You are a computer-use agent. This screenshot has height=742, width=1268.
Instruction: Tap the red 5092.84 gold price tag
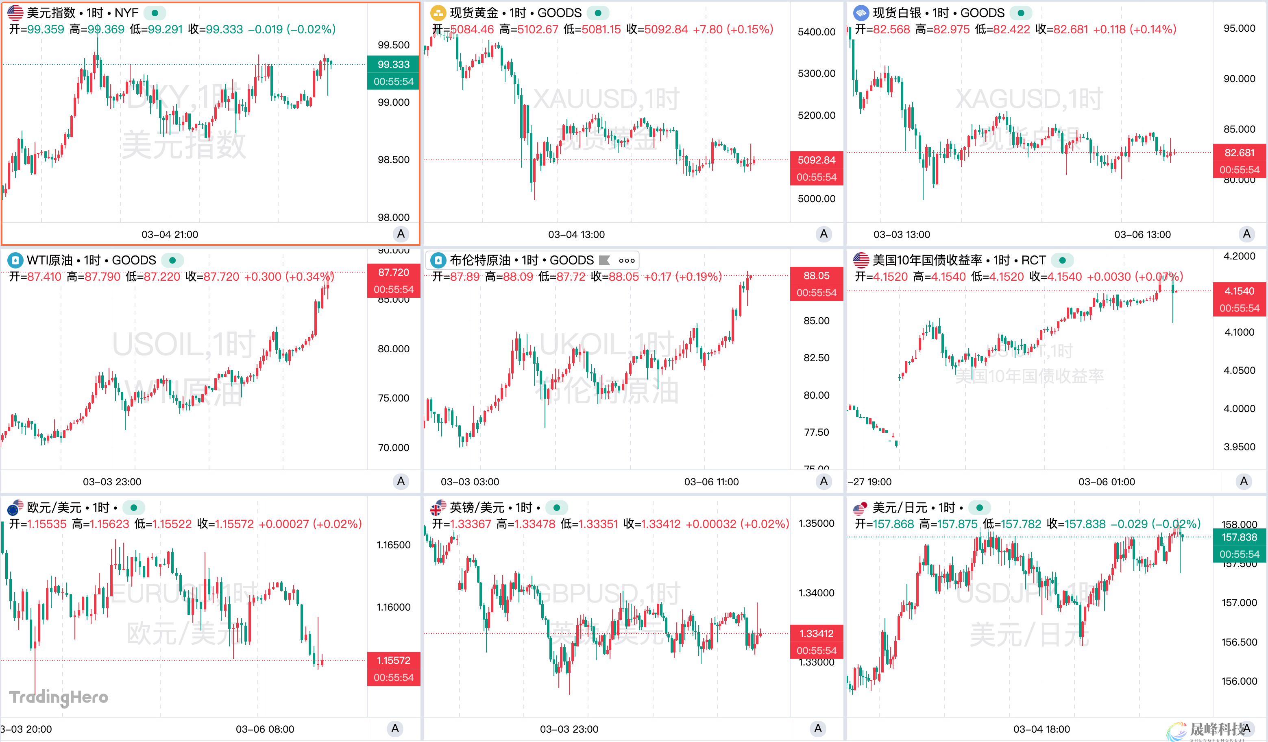[816, 160]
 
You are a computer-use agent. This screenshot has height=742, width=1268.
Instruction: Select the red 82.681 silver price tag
[1239, 153]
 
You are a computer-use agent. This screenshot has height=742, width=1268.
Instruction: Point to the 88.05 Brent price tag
[816, 275]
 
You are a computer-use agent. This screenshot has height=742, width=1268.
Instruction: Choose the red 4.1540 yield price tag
[1239, 291]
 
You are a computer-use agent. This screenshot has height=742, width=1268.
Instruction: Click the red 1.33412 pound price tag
[816, 633]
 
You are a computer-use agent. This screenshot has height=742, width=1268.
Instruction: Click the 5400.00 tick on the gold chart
[816, 32]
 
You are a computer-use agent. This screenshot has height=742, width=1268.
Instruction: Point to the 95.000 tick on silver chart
[1239, 28]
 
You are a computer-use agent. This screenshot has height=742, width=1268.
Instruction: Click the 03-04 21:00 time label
[170, 235]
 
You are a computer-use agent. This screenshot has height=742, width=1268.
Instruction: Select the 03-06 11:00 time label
[711, 482]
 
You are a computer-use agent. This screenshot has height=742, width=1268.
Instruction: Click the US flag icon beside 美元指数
[15, 13]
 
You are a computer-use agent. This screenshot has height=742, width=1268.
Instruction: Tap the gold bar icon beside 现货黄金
[438, 13]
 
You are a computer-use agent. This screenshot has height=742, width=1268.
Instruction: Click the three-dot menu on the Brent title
[626, 260]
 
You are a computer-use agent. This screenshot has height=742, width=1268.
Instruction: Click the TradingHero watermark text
[59, 697]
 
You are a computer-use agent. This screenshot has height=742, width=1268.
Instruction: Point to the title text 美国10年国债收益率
[927, 260]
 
